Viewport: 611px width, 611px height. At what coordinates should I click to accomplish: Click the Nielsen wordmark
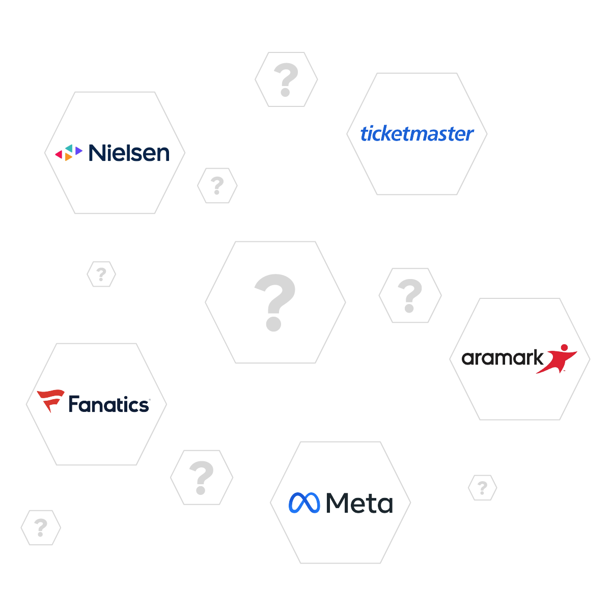(x=129, y=153)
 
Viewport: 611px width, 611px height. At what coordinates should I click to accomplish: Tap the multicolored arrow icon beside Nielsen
(x=69, y=152)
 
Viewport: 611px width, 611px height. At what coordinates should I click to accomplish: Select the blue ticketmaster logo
(x=417, y=133)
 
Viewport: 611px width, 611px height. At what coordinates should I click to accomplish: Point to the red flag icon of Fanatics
(x=50, y=400)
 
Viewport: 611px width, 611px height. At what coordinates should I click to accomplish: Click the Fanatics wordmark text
(x=109, y=405)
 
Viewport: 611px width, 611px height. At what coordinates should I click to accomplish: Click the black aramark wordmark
(x=503, y=358)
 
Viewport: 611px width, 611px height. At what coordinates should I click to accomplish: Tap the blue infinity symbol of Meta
(x=304, y=503)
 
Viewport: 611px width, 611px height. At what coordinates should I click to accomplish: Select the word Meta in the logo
(x=359, y=504)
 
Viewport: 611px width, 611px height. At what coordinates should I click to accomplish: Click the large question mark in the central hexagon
(x=275, y=302)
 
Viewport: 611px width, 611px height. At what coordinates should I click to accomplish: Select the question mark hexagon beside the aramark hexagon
(x=410, y=295)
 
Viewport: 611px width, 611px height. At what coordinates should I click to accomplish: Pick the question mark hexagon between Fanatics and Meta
(x=202, y=478)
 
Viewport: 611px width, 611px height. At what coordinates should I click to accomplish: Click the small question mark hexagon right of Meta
(x=482, y=488)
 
